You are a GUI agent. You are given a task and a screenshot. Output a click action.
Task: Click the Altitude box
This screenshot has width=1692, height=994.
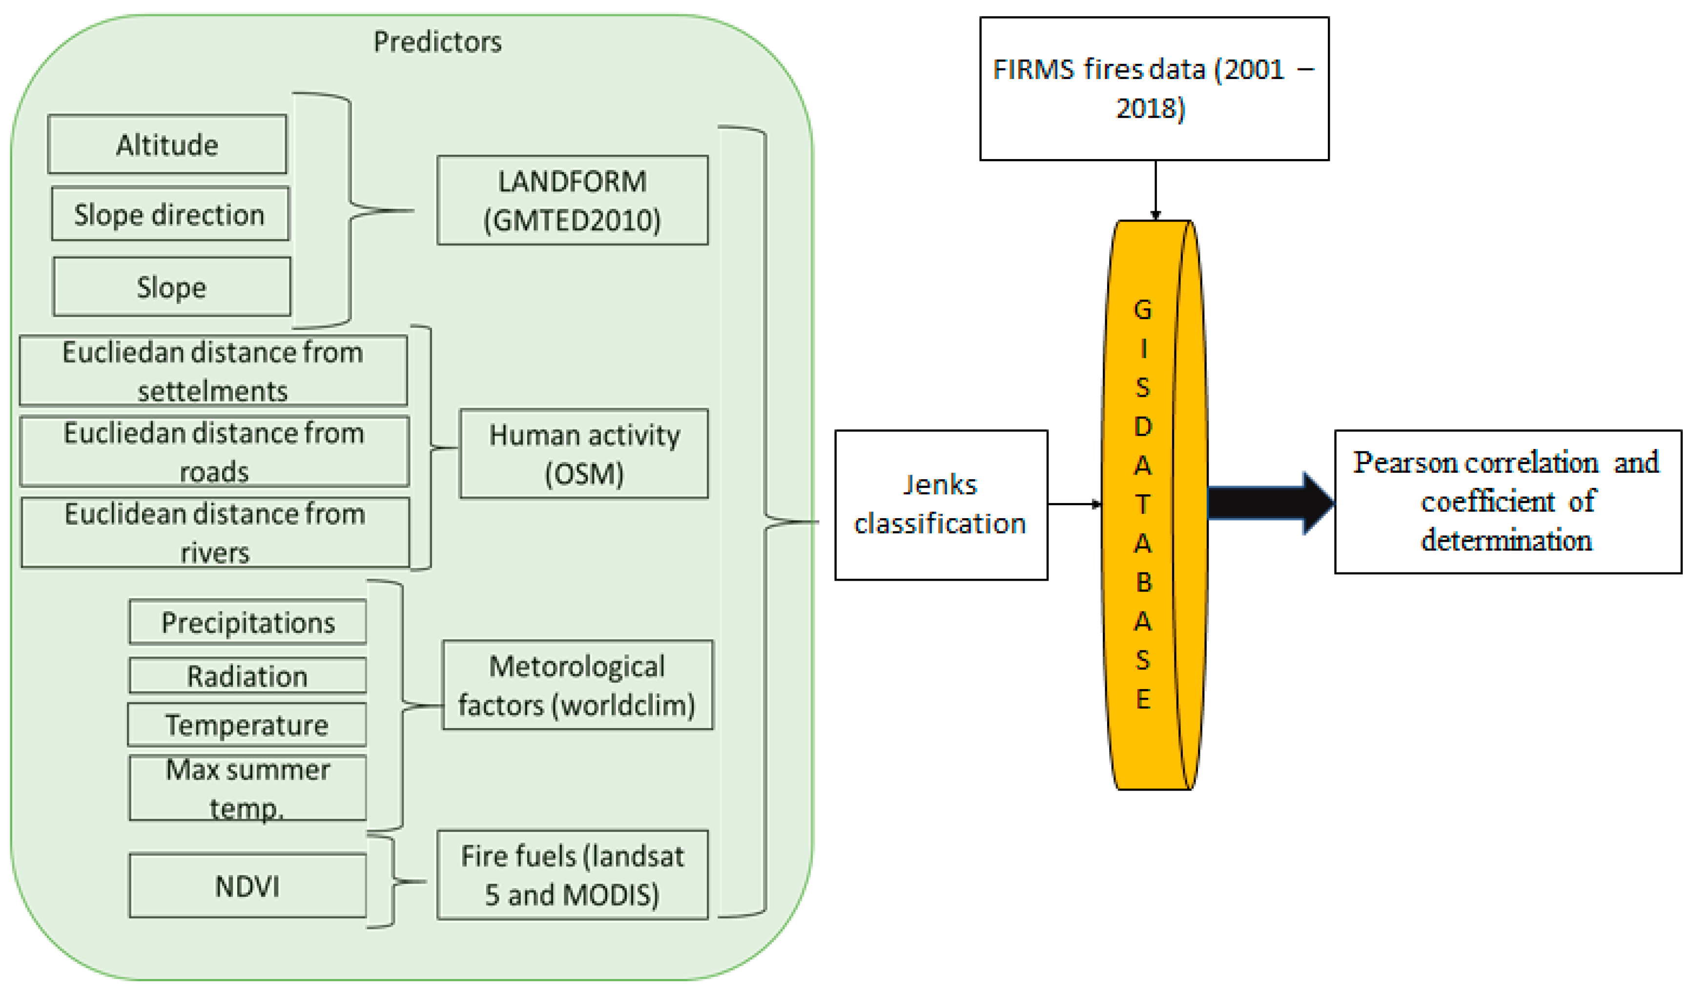[x=167, y=144]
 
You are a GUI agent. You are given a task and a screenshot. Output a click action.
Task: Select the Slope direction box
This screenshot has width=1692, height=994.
[x=170, y=214]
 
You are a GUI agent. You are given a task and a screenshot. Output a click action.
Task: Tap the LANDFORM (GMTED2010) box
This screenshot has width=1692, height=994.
[x=572, y=200]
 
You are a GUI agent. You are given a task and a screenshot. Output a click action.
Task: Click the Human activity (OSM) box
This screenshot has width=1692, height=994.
[x=583, y=454]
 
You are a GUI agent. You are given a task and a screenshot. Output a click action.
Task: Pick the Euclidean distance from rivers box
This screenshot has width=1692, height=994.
[x=215, y=532]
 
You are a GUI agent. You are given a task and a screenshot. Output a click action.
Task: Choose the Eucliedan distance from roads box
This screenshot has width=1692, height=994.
[x=214, y=451]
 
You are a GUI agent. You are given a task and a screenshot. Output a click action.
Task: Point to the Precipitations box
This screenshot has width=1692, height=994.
[x=248, y=622]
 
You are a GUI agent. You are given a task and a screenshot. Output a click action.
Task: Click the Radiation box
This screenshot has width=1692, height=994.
[x=248, y=675]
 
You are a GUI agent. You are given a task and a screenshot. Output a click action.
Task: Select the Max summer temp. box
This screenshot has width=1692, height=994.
[x=248, y=787]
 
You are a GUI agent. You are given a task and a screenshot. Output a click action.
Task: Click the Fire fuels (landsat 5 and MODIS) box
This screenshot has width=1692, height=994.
[x=572, y=874]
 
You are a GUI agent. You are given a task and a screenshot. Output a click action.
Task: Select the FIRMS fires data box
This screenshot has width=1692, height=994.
[x=1154, y=89]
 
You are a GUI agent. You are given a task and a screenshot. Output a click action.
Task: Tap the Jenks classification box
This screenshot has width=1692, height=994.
[x=941, y=504]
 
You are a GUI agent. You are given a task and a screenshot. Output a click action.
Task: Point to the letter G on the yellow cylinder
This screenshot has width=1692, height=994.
[x=1143, y=309]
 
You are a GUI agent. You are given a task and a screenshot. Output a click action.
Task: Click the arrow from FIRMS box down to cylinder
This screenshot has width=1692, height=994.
[x=1156, y=189]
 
